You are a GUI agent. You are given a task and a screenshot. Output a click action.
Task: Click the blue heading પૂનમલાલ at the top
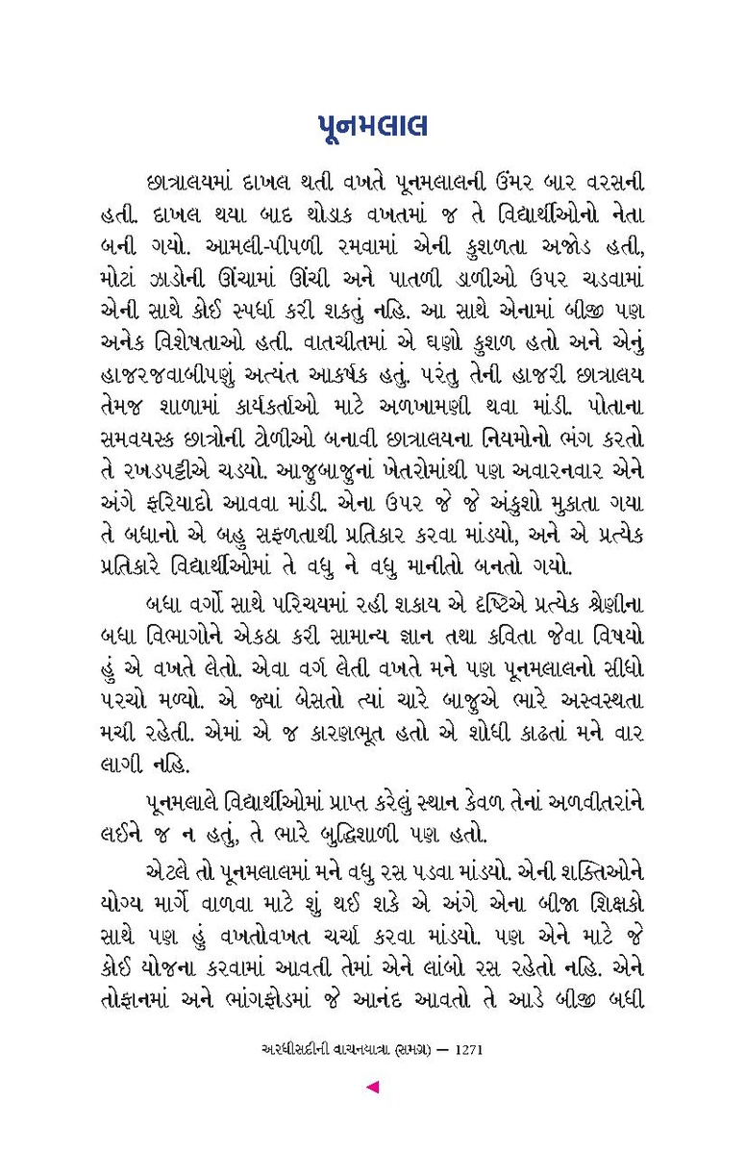click(x=373, y=128)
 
